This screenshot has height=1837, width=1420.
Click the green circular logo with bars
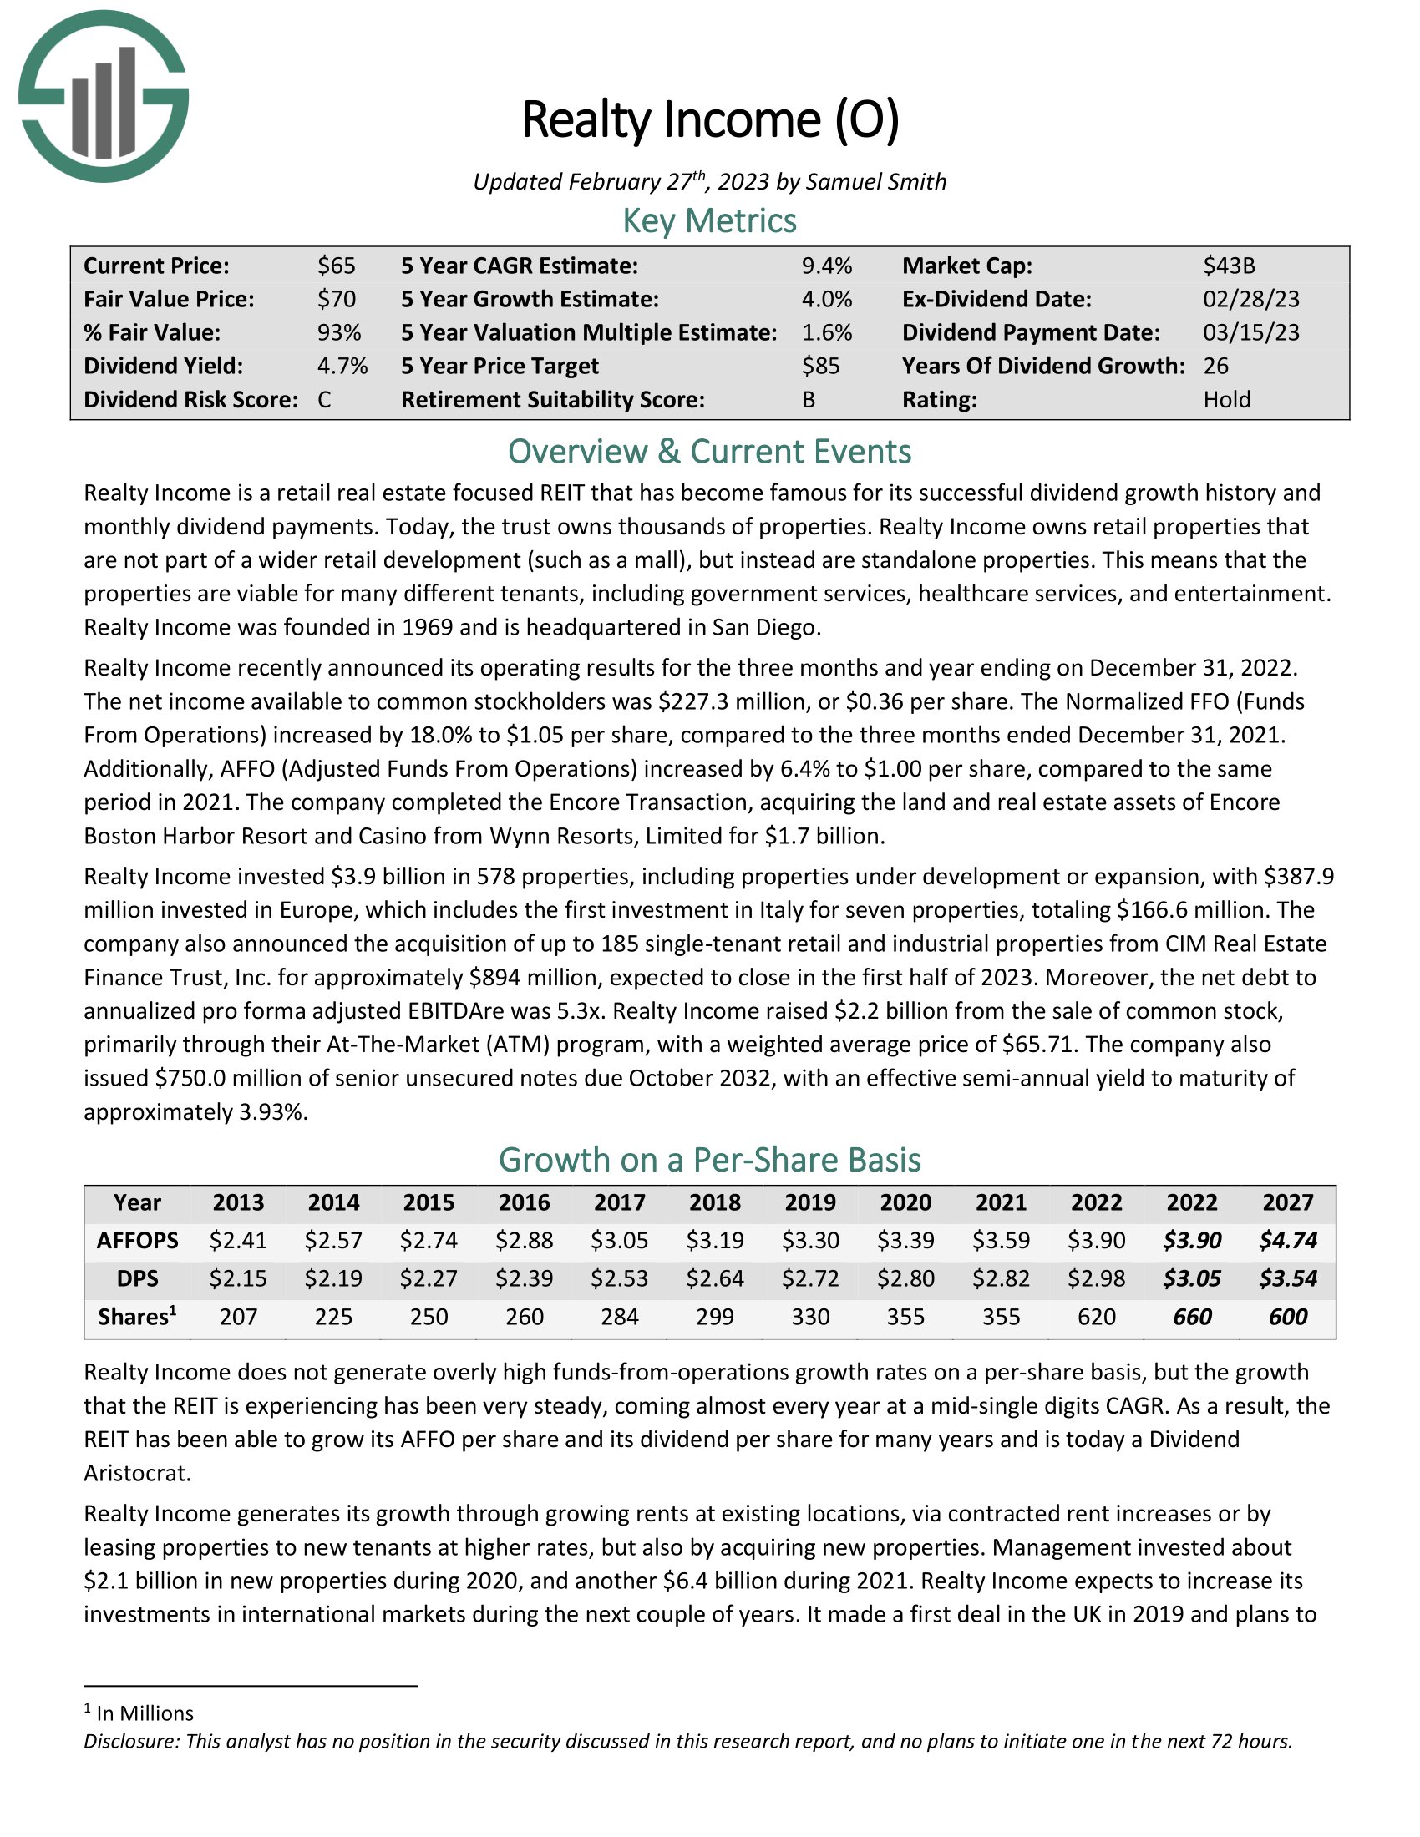click(104, 96)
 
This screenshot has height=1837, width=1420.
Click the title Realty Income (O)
click(710, 119)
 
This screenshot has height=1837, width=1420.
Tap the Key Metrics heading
click(709, 220)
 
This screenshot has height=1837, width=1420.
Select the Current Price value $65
click(337, 266)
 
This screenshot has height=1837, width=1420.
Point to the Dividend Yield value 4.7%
click(342, 366)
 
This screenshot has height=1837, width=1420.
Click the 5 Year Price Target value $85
click(820, 366)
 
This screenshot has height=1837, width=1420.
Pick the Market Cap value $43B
click(1228, 266)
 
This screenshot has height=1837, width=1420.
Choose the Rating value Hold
click(1226, 399)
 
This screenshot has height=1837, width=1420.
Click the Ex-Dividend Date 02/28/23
click(1251, 299)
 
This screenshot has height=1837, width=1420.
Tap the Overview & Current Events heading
click(709, 452)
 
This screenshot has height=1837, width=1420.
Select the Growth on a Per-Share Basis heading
click(709, 1160)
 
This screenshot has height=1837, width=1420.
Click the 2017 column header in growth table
click(619, 1202)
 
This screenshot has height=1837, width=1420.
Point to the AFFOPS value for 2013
click(238, 1241)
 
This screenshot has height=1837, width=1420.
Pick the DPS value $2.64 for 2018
click(715, 1278)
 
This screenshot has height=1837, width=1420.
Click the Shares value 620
click(1096, 1316)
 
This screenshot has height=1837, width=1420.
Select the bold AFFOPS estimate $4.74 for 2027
click(1287, 1241)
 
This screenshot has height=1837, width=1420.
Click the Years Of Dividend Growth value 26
click(1215, 366)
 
